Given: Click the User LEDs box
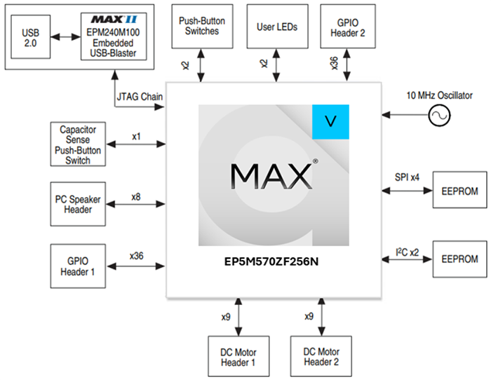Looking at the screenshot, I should [x=278, y=27].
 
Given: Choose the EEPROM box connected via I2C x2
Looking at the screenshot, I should [x=460, y=259].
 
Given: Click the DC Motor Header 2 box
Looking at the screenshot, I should [x=321, y=356].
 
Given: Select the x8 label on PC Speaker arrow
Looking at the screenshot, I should [x=136, y=197].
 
